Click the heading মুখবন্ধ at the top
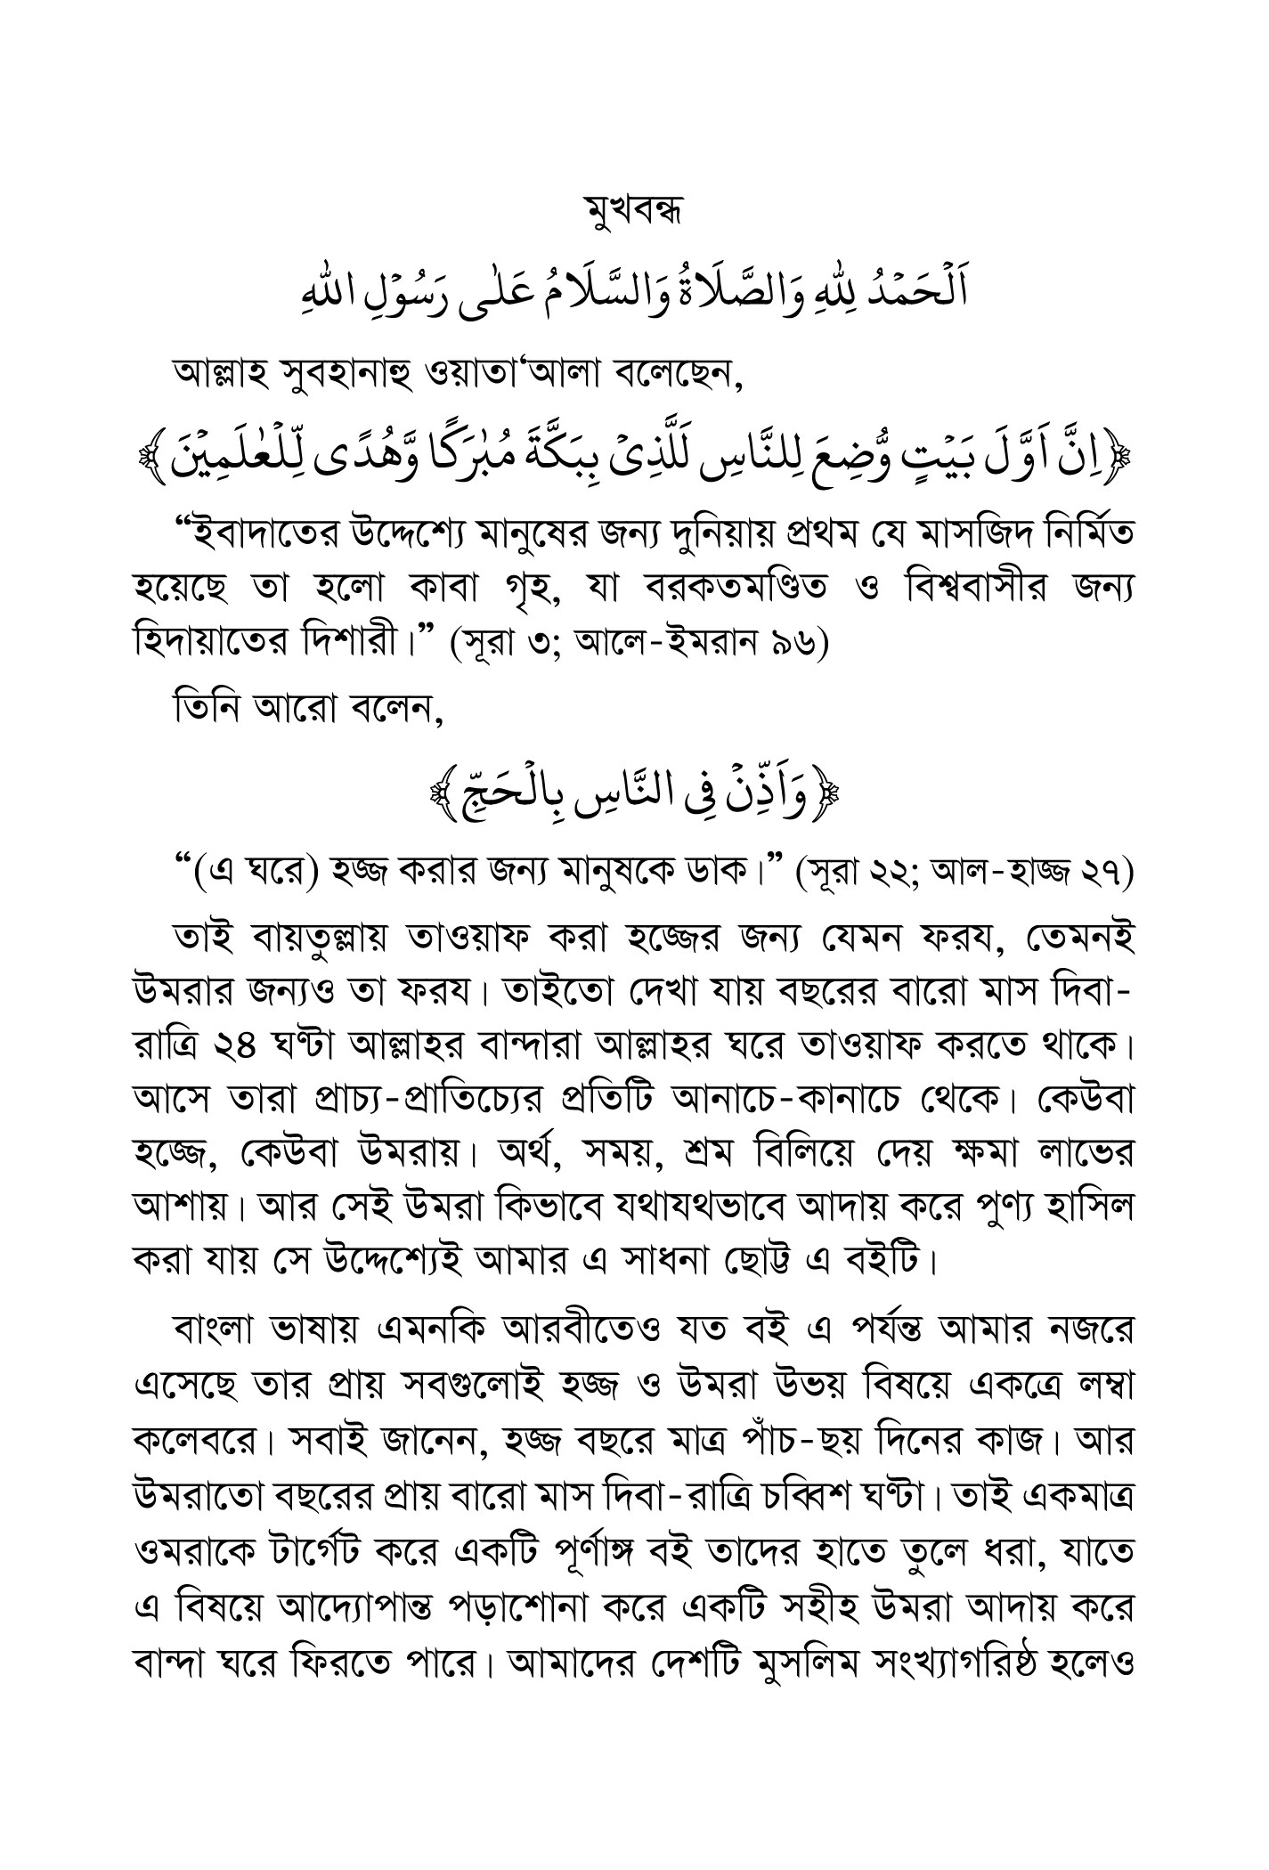click(634, 214)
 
